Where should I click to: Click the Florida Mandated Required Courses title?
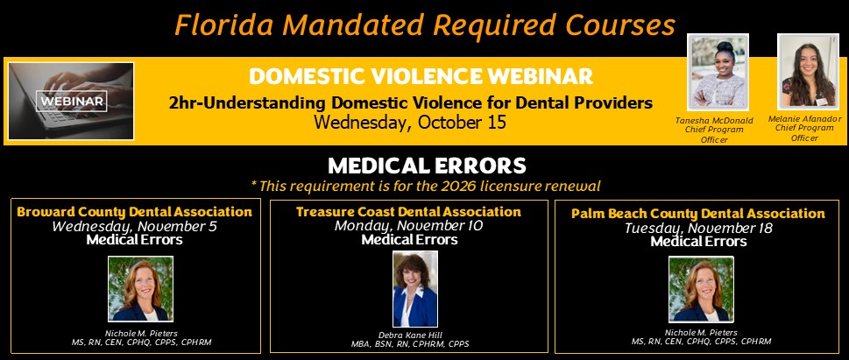[x=425, y=25]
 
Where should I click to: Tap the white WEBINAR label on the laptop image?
[x=72, y=101]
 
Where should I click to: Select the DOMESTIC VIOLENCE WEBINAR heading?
[x=421, y=76]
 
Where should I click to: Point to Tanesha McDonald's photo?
[x=718, y=72]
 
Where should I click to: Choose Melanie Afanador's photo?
[x=808, y=71]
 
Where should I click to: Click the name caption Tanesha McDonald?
[x=714, y=121]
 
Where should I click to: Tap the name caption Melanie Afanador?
[x=804, y=118]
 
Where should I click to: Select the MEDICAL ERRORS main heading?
[x=427, y=166]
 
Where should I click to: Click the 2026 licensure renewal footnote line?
[x=426, y=187]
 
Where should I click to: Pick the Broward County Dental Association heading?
[x=135, y=212]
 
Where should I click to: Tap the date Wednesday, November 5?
[x=134, y=226]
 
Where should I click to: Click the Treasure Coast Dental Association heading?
[x=408, y=212]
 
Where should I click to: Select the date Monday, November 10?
[x=409, y=225]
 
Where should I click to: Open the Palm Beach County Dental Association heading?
[x=698, y=214]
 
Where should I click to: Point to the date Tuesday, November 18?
[x=698, y=228]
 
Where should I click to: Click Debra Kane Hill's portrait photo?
[x=415, y=288]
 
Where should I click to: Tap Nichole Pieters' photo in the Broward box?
[x=141, y=289]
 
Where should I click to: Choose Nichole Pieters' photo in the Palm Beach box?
[x=701, y=289]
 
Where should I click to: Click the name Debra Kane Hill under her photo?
[x=410, y=335]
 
